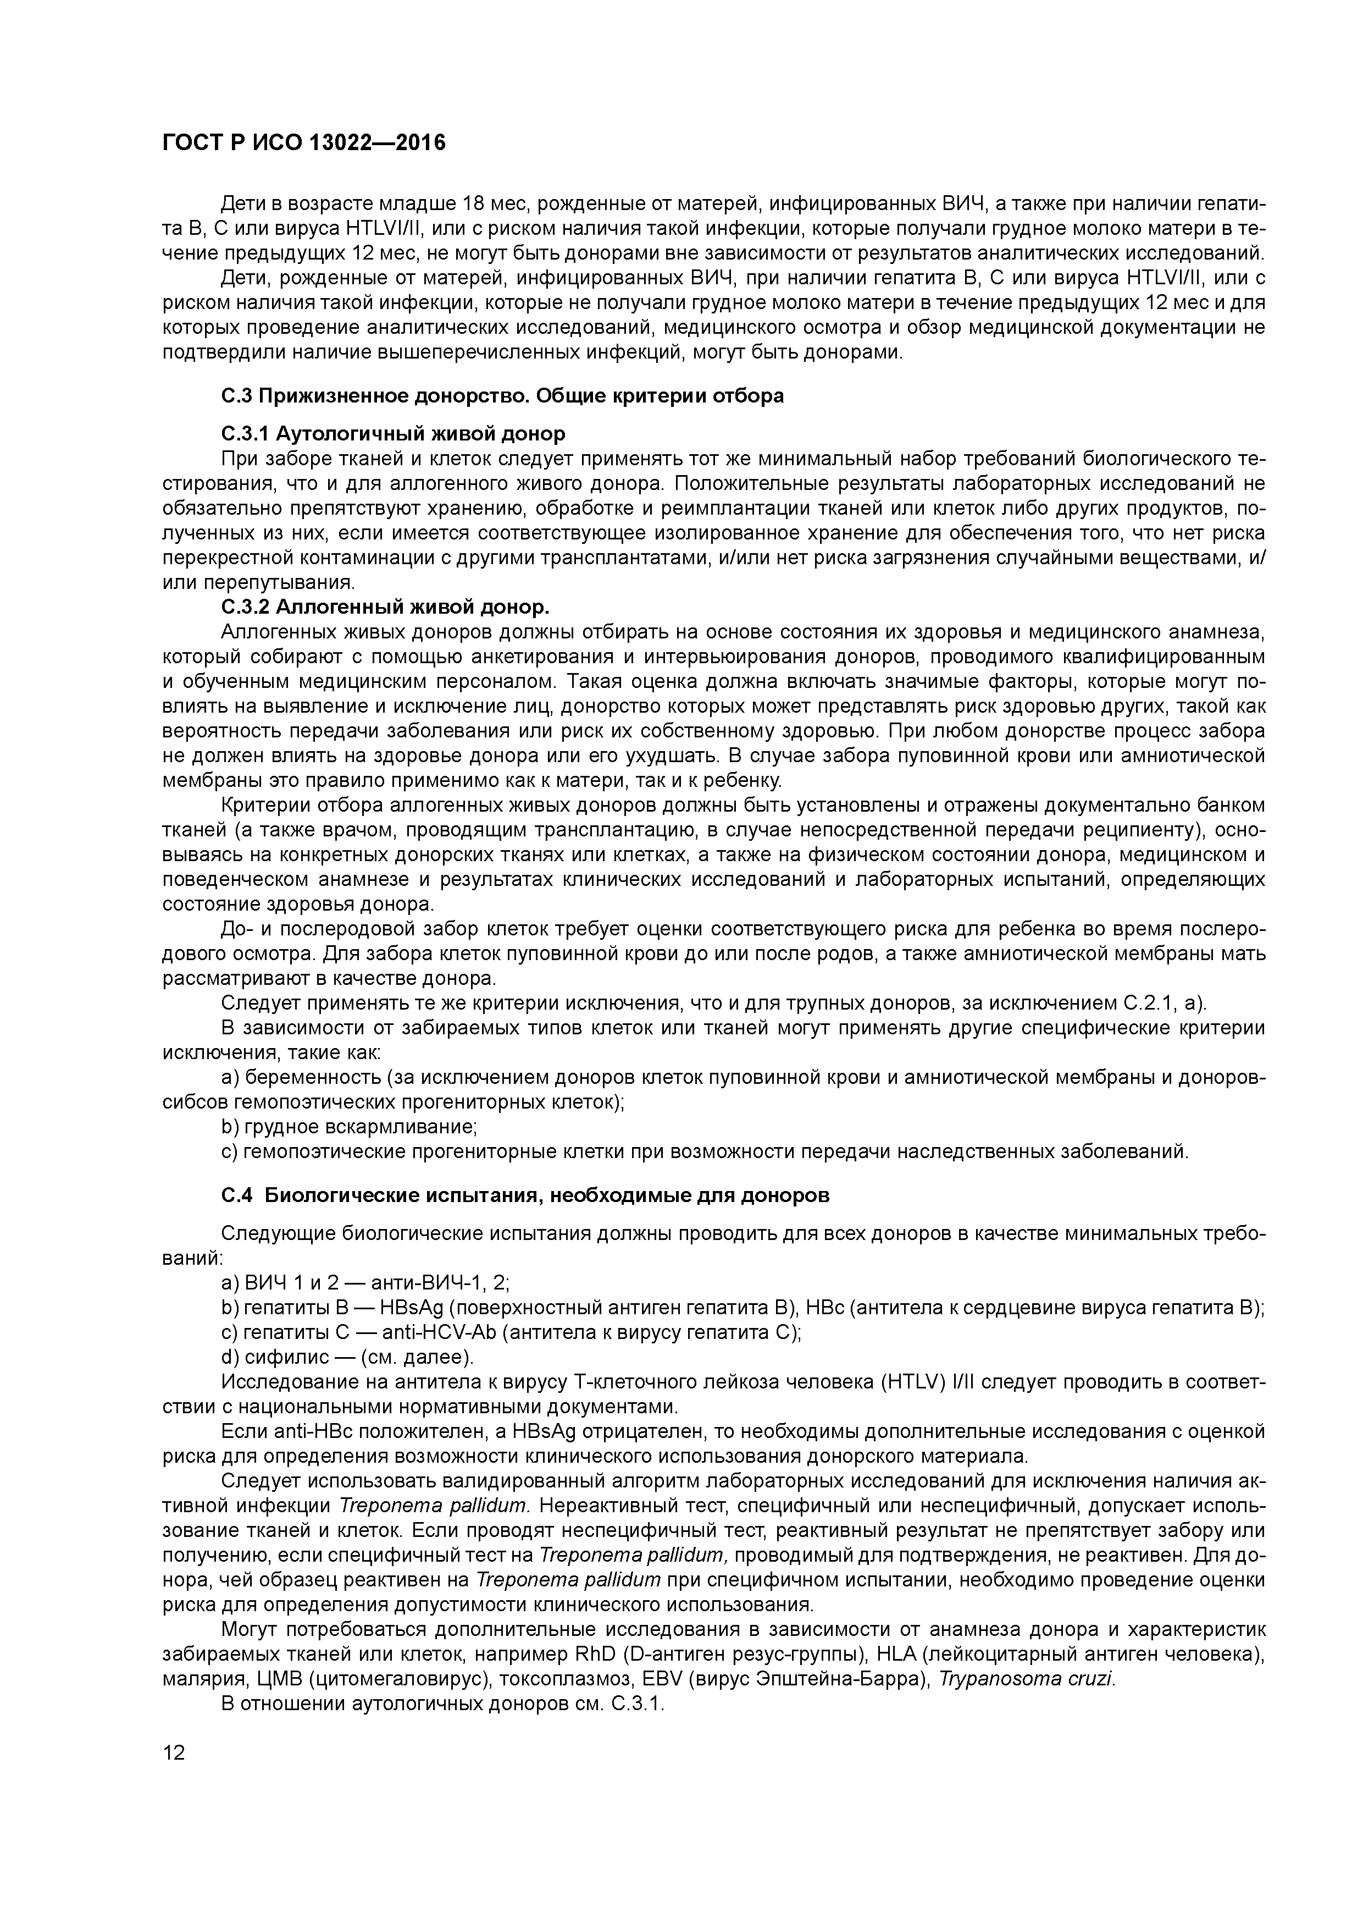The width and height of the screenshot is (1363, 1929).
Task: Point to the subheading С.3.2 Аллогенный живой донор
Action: pos(385,607)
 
